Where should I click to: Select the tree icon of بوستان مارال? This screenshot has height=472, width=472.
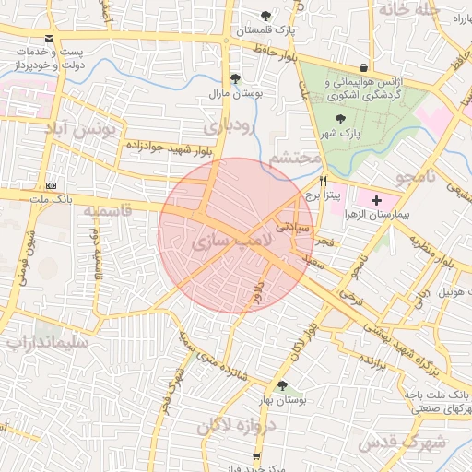pyautogui.click(x=236, y=78)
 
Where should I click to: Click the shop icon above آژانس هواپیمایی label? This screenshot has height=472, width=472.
pyautogui.click(x=364, y=68)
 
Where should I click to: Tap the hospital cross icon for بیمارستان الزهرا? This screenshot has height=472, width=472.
pyautogui.click(x=375, y=199)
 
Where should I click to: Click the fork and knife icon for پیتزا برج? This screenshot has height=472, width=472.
pyautogui.click(x=323, y=182)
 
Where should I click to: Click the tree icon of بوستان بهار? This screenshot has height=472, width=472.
pyautogui.click(x=281, y=386)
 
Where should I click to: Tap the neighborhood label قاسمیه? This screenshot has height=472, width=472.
pyautogui.click(x=108, y=211)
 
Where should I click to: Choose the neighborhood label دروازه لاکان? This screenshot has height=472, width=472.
pyautogui.click(x=236, y=427)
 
